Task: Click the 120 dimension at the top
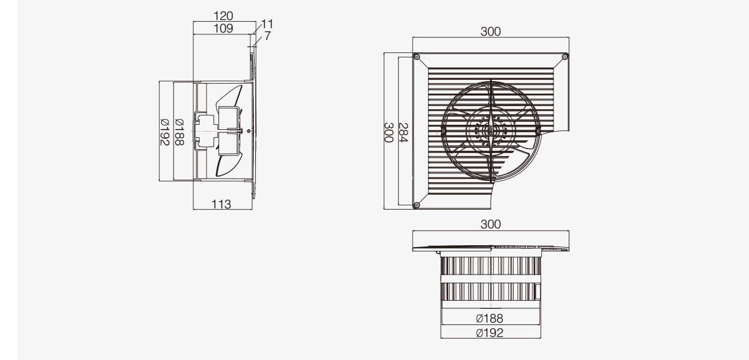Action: [223, 16]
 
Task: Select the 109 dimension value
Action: [223, 29]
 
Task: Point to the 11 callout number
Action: [267, 24]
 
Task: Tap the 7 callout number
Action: [267, 36]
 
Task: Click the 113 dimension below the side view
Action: [221, 204]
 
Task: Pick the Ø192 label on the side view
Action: [165, 132]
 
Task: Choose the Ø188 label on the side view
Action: [180, 132]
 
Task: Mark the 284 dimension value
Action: [404, 132]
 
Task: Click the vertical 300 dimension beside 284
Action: [388, 132]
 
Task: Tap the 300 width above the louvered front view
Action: [491, 31]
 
